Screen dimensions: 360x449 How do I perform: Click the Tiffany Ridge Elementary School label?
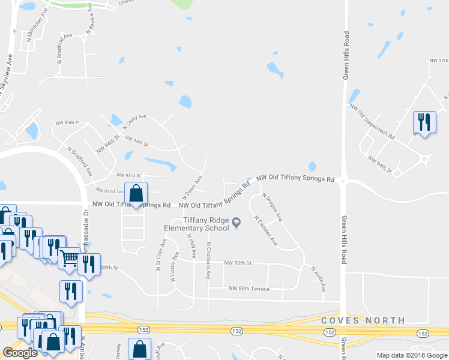tap(206, 224)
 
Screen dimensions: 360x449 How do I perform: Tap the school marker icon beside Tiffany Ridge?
tap(237, 224)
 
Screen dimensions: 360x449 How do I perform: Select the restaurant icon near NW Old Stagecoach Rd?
tap(424, 122)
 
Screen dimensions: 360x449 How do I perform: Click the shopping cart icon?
tap(70, 259)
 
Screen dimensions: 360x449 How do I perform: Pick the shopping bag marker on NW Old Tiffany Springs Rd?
tap(136, 194)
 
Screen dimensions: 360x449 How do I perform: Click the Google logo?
tap(19, 353)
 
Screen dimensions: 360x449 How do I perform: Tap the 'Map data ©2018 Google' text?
tap(412, 355)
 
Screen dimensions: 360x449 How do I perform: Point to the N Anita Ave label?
tap(318, 279)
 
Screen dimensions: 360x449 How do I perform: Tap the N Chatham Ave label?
tap(208, 260)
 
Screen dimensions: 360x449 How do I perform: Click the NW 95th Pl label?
tap(67, 123)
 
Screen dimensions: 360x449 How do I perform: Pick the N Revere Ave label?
tap(91, 20)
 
